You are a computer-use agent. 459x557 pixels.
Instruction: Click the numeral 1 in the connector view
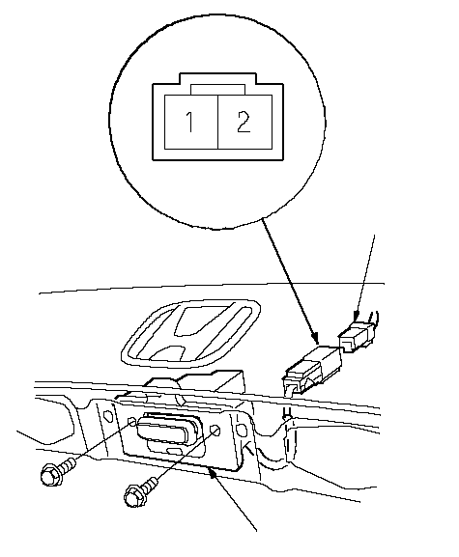(190, 122)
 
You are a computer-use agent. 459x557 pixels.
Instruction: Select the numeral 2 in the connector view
(244, 122)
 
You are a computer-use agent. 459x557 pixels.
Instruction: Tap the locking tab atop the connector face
(217, 89)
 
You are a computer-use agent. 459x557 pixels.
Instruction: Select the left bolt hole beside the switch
(132, 422)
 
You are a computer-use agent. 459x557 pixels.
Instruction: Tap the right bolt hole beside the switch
(215, 431)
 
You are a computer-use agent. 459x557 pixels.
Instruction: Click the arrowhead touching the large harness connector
(314, 338)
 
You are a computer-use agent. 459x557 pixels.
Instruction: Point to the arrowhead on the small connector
(356, 316)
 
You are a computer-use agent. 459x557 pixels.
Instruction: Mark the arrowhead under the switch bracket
(214, 473)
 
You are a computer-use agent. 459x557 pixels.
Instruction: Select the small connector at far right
(357, 336)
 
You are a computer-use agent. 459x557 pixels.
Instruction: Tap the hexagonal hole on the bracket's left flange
(108, 415)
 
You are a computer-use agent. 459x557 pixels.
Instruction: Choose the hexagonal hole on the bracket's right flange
(242, 431)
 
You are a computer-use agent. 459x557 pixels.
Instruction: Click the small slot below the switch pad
(174, 451)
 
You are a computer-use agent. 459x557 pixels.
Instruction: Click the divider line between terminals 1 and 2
(217, 122)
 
